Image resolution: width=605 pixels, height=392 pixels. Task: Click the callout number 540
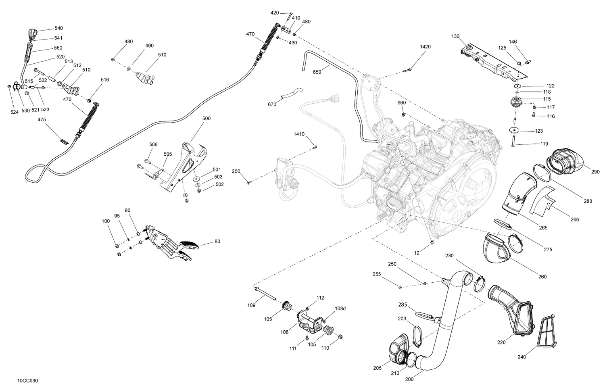pyautogui.click(x=58, y=28)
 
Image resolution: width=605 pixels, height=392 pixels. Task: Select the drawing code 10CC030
pyautogui.click(x=28, y=381)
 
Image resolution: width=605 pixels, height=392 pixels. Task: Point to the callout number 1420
pyautogui.click(x=425, y=47)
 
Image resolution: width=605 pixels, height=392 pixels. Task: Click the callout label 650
pyautogui.click(x=317, y=72)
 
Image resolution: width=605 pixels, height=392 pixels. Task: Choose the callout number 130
pyautogui.click(x=455, y=37)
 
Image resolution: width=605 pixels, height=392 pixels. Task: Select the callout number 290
pyautogui.click(x=595, y=172)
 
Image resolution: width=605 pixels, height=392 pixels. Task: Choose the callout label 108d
pyautogui.click(x=340, y=309)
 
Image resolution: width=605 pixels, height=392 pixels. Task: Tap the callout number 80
pyautogui.click(x=217, y=242)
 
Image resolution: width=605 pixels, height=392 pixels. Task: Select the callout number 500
pyautogui.click(x=206, y=119)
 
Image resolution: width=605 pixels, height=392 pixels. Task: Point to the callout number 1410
pyautogui.click(x=299, y=134)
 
